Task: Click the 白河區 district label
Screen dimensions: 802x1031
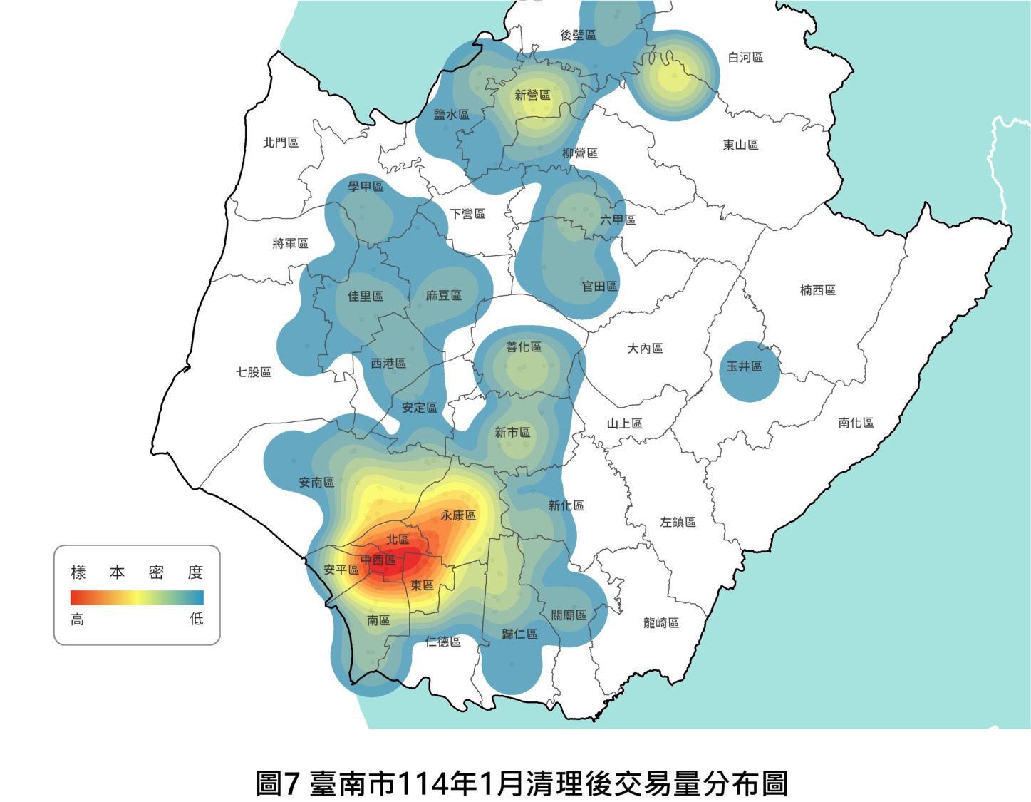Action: (x=745, y=57)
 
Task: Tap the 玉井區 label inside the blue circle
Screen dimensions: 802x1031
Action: (x=744, y=366)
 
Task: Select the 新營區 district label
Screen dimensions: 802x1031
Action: (x=532, y=95)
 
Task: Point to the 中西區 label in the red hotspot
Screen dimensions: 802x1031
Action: (x=378, y=560)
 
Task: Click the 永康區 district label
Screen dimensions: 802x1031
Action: (x=458, y=515)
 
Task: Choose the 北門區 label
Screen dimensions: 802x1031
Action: (x=281, y=143)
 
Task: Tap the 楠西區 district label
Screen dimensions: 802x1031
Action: (x=817, y=290)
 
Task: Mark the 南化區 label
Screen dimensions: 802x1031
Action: (x=856, y=423)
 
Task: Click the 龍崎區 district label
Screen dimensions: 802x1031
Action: (x=661, y=623)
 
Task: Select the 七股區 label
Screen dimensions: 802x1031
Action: (x=254, y=372)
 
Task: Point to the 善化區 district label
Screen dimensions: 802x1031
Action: (x=524, y=347)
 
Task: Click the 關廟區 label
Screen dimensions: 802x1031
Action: (x=569, y=615)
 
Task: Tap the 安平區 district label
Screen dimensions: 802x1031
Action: (x=341, y=570)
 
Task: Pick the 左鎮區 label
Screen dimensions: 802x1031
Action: (x=678, y=522)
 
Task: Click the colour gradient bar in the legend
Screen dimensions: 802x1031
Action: (x=137, y=597)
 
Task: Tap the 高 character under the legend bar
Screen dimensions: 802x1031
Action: (x=77, y=620)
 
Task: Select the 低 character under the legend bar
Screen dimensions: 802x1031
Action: (x=197, y=619)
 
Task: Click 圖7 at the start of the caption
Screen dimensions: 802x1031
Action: (x=279, y=783)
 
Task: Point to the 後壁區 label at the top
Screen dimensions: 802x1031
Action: (x=578, y=35)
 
